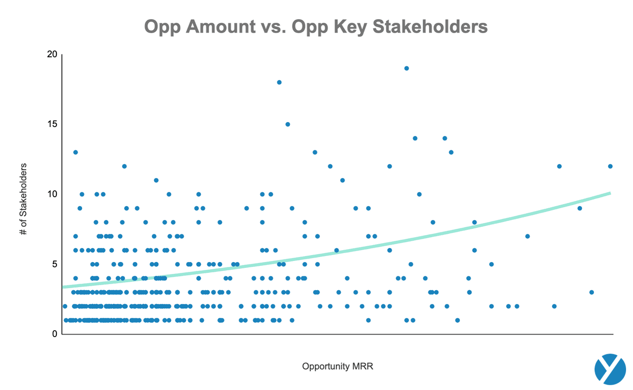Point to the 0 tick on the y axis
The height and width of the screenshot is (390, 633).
click(x=54, y=334)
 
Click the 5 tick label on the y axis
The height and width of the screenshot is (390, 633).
click(x=54, y=264)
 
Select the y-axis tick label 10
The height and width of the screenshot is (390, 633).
click(x=52, y=194)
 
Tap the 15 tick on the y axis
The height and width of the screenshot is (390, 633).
click(x=52, y=124)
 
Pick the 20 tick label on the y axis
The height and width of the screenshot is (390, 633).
click(x=52, y=54)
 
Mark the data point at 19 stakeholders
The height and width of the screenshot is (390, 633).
click(x=407, y=68)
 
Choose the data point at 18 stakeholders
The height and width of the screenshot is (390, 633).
click(x=279, y=82)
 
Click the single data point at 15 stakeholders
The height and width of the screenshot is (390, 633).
click(x=287, y=124)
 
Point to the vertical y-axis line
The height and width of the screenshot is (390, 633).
click(x=62, y=198)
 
